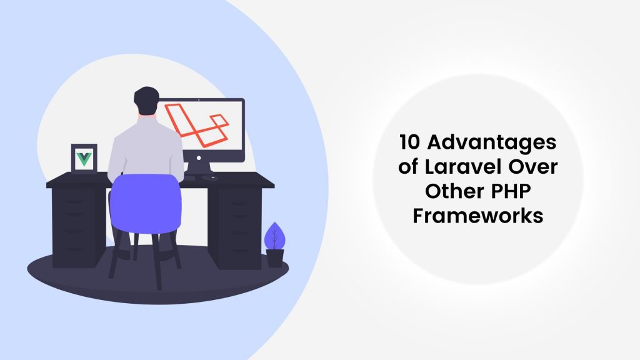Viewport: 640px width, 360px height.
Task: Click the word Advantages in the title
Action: pyautogui.click(x=494, y=143)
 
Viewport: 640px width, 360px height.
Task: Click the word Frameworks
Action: pyautogui.click(x=478, y=216)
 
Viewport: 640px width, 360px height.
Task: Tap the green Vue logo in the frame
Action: pyautogui.click(x=83, y=157)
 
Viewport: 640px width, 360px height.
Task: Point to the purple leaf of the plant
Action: pyautogui.click(x=272, y=236)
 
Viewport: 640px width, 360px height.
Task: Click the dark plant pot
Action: pyautogui.click(x=274, y=257)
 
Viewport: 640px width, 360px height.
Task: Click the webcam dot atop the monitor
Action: pyautogui.click(x=199, y=100)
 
